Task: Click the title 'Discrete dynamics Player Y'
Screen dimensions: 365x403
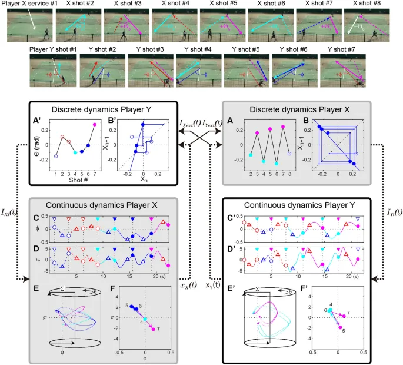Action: pos(104,108)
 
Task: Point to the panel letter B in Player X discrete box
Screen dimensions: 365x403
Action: pos(305,122)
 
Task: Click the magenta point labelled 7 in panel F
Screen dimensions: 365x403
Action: pos(154,328)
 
